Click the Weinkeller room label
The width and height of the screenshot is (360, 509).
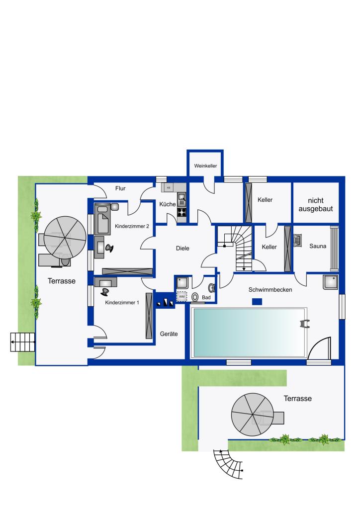point(205,166)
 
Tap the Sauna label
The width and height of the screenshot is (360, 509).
point(317,246)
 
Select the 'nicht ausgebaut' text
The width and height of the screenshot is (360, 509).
point(316,205)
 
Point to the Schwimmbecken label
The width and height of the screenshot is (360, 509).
point(270,290)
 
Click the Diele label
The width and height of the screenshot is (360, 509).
point(182,248)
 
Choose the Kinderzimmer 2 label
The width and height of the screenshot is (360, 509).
point(132,226)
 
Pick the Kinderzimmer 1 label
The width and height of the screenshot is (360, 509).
point(122,303)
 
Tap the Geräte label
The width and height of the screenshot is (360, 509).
point(169,334)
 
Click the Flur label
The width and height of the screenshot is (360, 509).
point(120,188)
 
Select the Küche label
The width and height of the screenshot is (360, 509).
point(168,204)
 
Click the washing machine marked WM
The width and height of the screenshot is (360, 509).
point(182,296)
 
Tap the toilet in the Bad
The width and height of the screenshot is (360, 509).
point(195,297)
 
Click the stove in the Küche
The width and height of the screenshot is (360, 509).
point(182,212)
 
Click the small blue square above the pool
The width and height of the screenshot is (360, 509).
point(257,302)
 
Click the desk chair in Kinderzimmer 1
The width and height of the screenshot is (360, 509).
point(105,291)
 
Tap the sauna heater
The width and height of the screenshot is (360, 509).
point(298,241)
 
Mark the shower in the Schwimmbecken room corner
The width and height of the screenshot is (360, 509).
point(331,282)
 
